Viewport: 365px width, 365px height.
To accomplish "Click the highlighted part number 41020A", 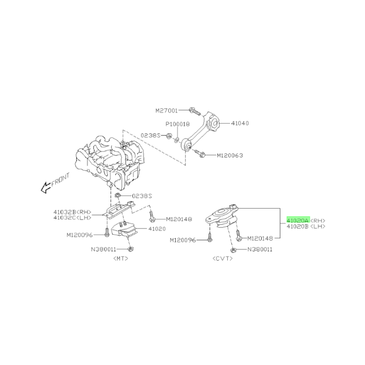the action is click(x=298, y=220).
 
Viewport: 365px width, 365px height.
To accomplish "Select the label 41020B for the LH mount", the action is click(x=298, y=226).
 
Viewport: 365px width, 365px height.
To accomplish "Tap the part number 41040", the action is click(x=240, y=123).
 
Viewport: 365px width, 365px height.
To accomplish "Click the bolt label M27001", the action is click(x=166, y=111).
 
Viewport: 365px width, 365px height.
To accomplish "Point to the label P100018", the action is click(x=178, y=124).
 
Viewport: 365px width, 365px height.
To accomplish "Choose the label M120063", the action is click(x=230, y=155).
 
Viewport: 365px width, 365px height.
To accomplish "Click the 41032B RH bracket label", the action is click(x=72, y=212).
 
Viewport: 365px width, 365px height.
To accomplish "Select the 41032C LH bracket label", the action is click(x=72, y=217).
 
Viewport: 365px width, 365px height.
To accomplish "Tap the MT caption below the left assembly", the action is click(x=120, y=259).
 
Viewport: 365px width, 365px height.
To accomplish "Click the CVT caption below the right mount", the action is click(x=223, y=259).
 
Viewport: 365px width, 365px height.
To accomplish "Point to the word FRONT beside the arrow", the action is click(x=60, y=180).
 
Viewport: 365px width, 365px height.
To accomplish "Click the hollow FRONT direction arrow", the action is click(x=46, y=187).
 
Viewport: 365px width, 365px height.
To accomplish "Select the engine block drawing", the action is click(x=110, y=160).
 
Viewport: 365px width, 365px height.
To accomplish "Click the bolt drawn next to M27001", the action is click(x=194, y=111).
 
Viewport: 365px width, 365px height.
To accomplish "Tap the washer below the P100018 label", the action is click(x=177, y=139).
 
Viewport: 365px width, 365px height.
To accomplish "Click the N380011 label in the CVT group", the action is click(x=260, y=250).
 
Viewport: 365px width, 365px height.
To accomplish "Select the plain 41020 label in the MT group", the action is click(x=157, y=229).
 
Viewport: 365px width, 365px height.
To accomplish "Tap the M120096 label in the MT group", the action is click(x=80, y=235).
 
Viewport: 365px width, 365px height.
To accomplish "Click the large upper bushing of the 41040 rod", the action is click(x=214, y=123).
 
